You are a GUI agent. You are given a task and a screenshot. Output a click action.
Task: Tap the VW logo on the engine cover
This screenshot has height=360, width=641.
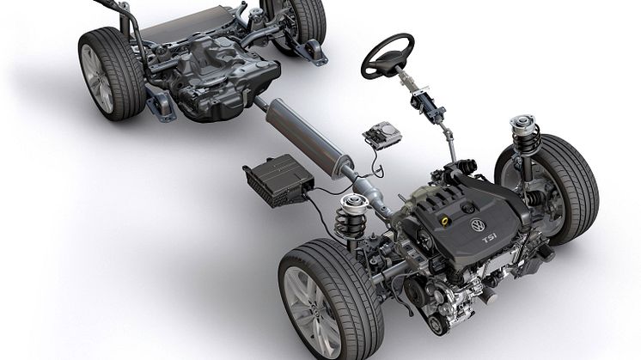tap(477, 225)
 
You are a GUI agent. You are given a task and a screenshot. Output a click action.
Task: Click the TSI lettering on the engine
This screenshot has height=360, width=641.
tap(490, 239)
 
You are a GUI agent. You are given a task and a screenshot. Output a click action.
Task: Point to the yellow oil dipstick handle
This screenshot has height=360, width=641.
tap(446, 221)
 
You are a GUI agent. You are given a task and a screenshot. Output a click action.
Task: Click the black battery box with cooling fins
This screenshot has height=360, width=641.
tap(278, 180)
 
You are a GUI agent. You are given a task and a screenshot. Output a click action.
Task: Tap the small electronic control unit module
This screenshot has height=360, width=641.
tap(382, 134)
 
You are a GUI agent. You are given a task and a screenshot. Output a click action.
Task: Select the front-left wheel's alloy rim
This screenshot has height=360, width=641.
tap(312, 311)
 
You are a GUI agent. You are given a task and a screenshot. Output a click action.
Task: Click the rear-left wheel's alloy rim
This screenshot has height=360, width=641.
tap(97, 79)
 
